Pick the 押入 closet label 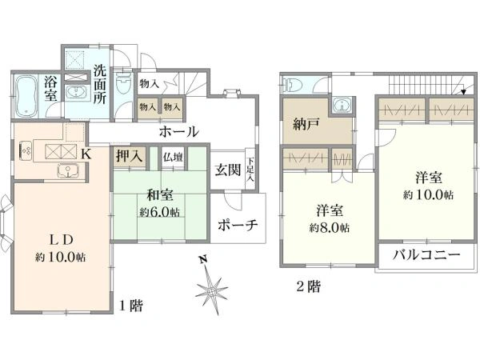coord(128,157)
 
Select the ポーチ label coord(238,226)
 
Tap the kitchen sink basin coord(66,170)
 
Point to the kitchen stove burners coord(26,150)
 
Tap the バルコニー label coord(429,258)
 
